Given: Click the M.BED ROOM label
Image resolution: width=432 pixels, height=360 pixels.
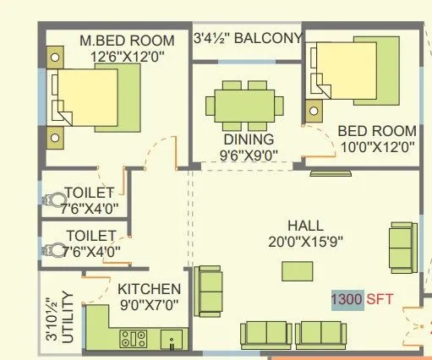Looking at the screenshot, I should tap(127, 41).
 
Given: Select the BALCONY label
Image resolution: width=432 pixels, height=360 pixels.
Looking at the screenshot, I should tap(268, 39).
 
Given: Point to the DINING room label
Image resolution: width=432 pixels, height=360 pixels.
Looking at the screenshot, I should tap(248, 139).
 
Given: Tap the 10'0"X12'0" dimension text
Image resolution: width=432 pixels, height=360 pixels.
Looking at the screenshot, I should tap(376, 146).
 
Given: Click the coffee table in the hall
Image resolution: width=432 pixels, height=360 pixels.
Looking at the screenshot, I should tap(296, 270).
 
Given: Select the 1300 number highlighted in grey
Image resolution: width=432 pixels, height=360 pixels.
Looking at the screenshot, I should tap(347, 299).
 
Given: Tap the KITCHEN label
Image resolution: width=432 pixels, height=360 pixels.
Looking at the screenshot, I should tap(149, 289).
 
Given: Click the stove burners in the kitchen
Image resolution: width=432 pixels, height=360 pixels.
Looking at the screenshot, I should tap(134, 340).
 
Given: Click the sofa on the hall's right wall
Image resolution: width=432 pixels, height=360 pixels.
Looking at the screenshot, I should tap(401, 244).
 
